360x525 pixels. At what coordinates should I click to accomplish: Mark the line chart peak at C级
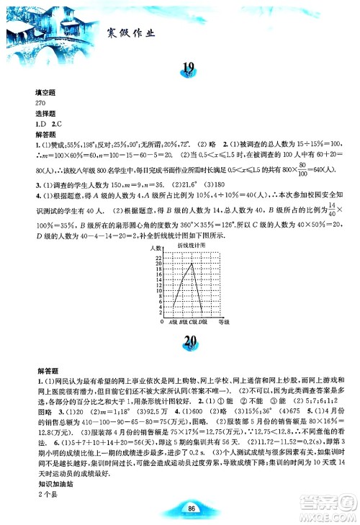tap(192, 263)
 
